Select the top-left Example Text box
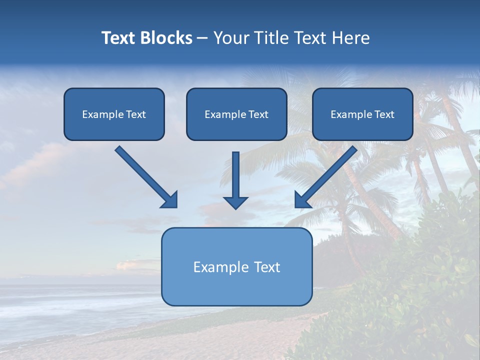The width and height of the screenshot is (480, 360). [x=114, y=114]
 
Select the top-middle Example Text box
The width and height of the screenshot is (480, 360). [x=236, y=114]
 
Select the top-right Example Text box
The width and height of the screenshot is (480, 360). [x=362, y=114]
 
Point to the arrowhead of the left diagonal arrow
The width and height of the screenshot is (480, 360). [x=170, y=200]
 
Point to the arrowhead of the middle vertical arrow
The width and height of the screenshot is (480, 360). [x=235, y=202]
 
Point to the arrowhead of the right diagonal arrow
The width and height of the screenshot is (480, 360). [x=302, y=200]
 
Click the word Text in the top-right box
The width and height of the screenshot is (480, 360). [x=384, y=114]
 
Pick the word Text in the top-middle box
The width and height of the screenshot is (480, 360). [x=258, y=114]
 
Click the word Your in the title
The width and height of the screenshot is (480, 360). [x=231, y=38]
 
